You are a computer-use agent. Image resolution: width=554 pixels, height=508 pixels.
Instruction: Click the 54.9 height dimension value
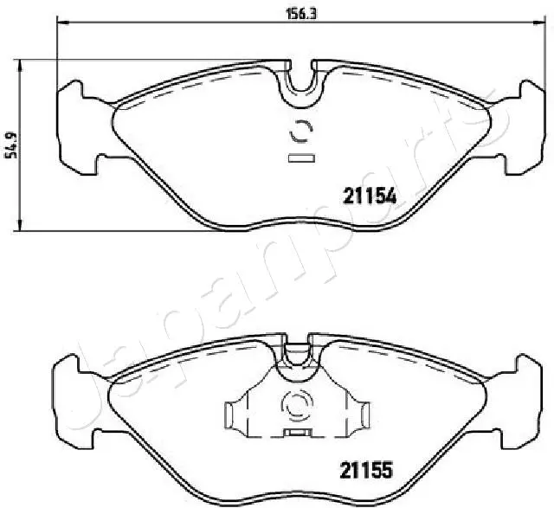11,145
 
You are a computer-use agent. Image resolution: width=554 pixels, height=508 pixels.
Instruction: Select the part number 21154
370,196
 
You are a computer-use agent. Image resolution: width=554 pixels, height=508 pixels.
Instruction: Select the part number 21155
366,471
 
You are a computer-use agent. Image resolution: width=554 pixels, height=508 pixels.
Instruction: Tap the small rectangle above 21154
301,158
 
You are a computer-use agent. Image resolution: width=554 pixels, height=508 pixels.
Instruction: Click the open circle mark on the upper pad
301,131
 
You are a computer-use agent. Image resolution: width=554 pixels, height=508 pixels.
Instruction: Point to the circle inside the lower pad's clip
297,406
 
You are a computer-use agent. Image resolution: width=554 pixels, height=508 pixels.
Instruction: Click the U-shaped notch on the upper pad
301,84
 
